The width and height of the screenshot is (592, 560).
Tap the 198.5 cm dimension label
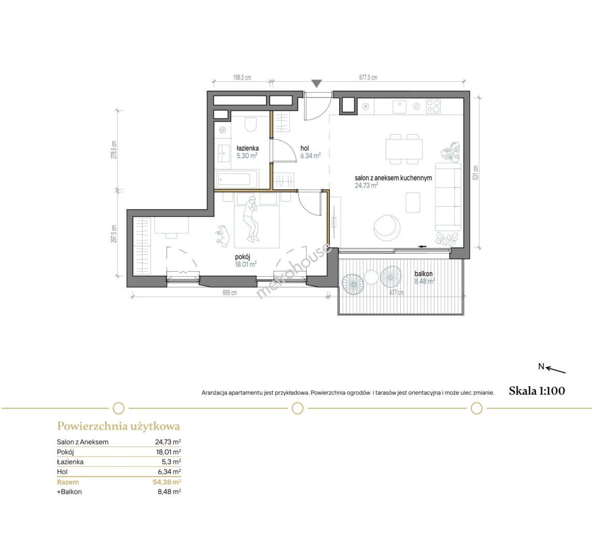242,78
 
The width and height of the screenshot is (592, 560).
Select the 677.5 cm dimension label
368,77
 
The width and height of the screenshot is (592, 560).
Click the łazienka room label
248,148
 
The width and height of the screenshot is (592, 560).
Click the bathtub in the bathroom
237,178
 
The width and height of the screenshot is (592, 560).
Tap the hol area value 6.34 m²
311,156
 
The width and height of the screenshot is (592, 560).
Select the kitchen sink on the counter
400,106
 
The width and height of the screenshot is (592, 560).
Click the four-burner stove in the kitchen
433,106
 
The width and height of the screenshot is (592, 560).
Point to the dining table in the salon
404,149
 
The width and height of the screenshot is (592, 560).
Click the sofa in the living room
448,197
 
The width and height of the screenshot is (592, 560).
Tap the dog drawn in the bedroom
222,236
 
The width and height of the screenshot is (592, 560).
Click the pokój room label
243,257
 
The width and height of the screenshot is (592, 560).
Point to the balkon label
424,274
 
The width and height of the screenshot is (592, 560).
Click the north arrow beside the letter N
556,370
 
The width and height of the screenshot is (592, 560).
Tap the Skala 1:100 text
537,391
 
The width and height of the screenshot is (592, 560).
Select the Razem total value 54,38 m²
167,482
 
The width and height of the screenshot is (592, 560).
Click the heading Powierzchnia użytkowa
119,426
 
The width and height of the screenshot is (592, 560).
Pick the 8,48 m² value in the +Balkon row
169,492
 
